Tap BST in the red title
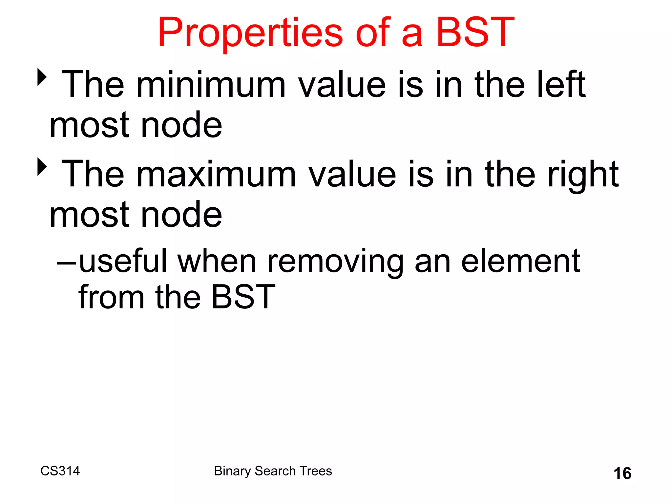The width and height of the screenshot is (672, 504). pyautogui.click(x=474, y=33)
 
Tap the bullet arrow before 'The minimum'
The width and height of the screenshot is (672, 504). pyautogui.click(x=42, y=77)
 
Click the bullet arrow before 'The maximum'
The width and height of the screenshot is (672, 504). pyautogui.click(x=42, y=167)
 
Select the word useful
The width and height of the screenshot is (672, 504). pyautogui.click(x=123, y=261)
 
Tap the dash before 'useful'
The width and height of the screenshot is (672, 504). pyautogui.click(x=66, y=262)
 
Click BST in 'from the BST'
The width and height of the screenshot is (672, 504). pyautogui.click(x=243, y=297)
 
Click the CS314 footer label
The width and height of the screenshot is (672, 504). pyautogui.click(x=60, y=471)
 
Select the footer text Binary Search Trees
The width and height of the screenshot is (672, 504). pyautogui.click(x=273, y=471)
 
